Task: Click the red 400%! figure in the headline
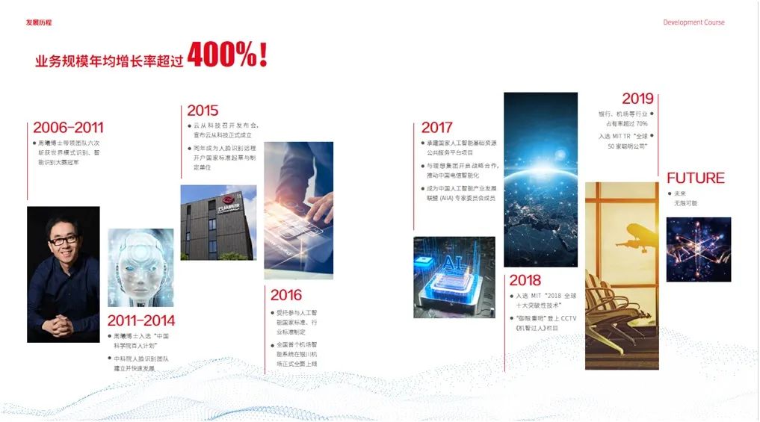click(227, 55)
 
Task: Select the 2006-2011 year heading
click(68, 128)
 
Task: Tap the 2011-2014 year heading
click(141, 321)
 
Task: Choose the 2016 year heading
click(286, 295)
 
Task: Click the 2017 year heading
click(437, 128)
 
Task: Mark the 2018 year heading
click(525, 280)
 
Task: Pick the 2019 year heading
click(637, 99)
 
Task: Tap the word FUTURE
click(695, 179)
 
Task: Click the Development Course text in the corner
click(693, 22)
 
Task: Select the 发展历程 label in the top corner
click(39, 22)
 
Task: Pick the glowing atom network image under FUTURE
click(698, 249)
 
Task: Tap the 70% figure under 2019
click(642, 123)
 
